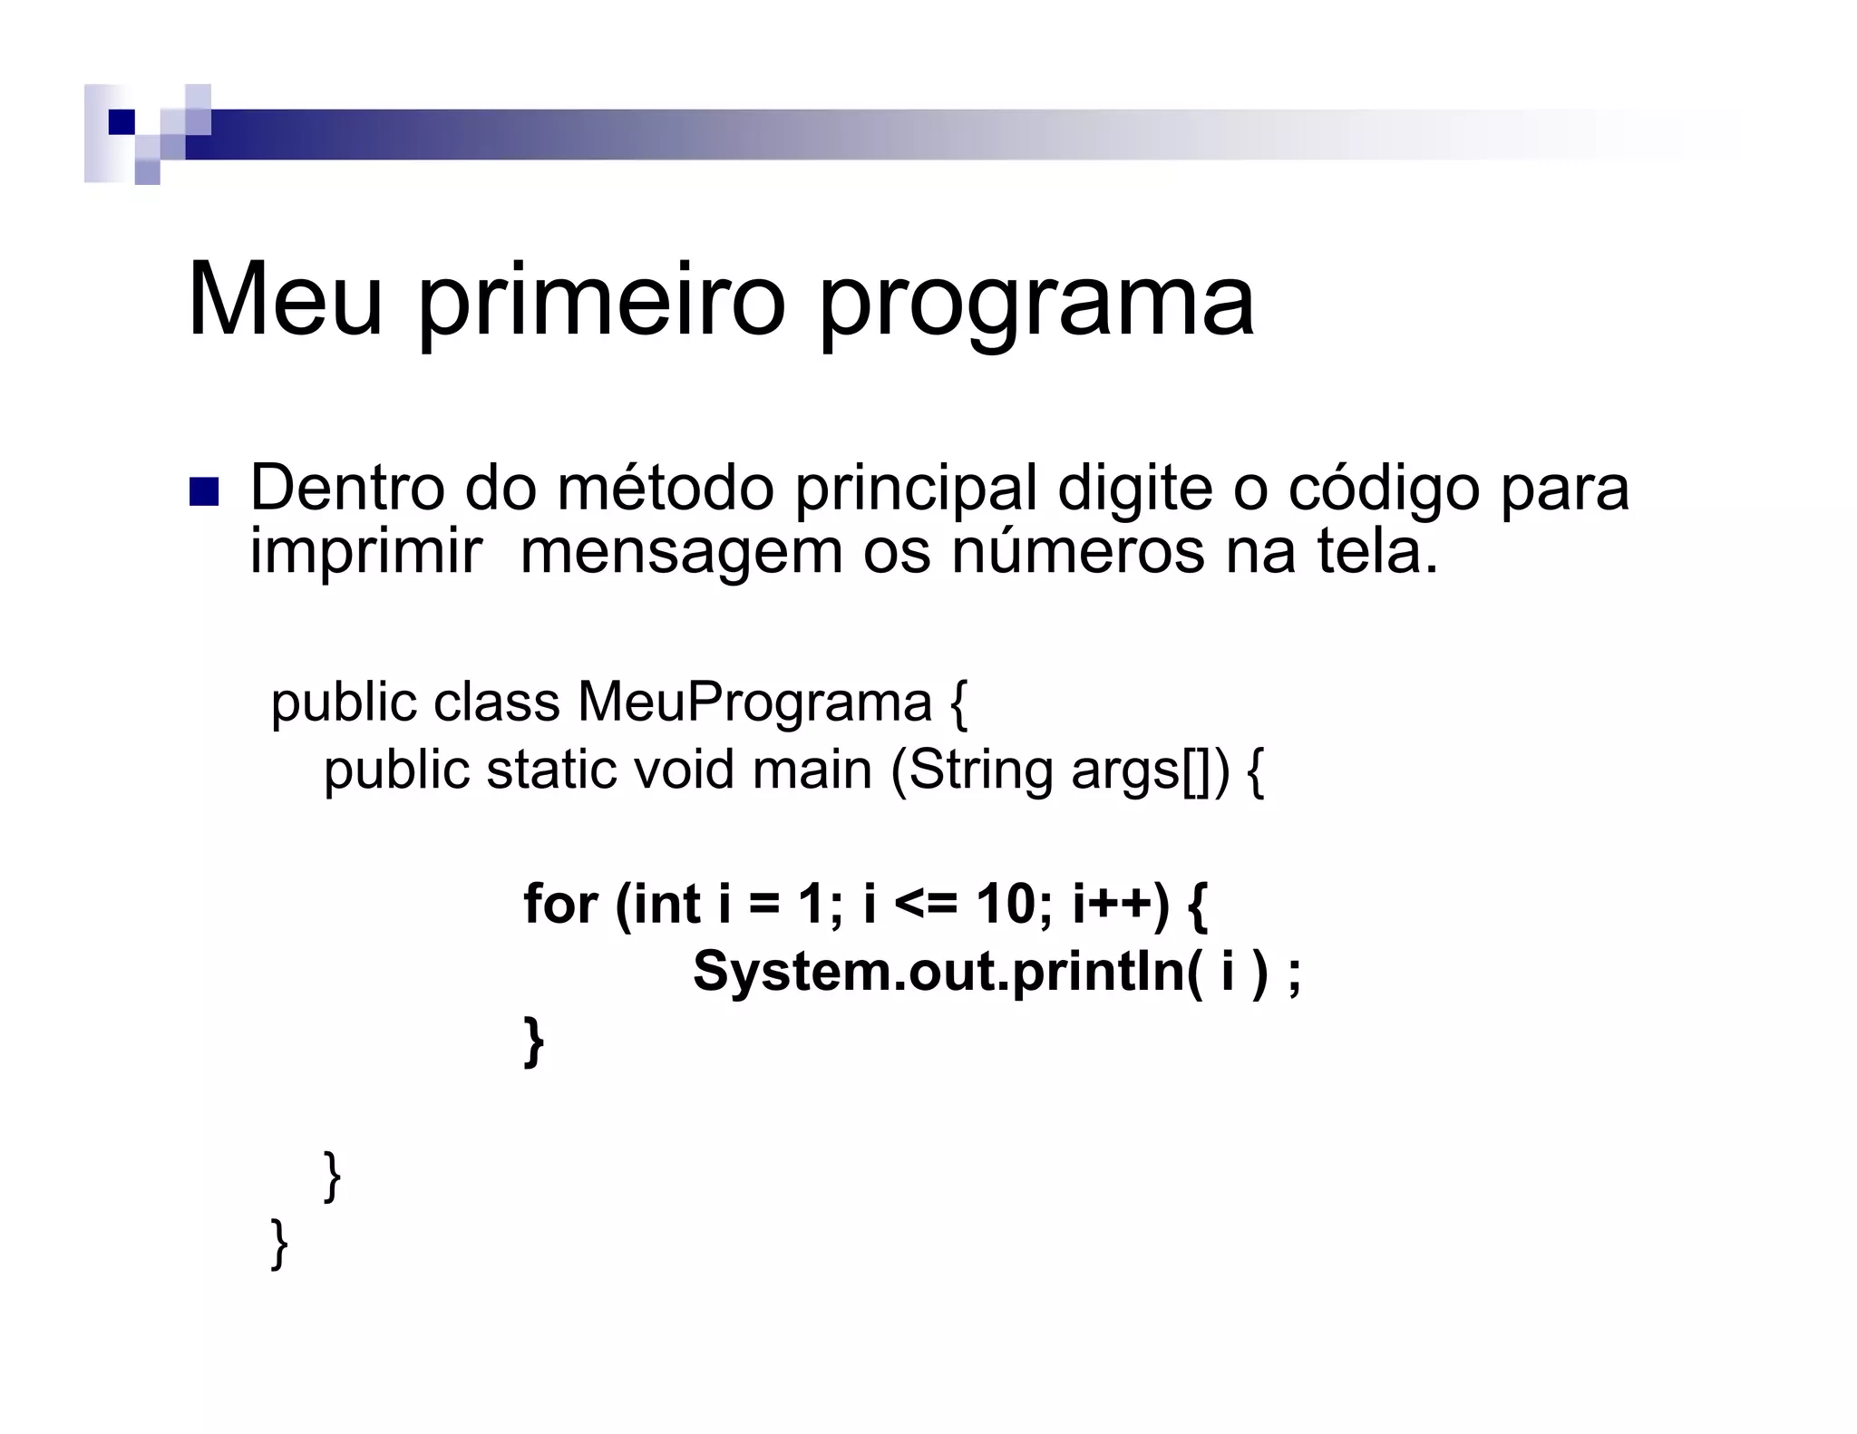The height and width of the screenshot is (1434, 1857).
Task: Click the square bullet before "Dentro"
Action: click(x=204, y=492)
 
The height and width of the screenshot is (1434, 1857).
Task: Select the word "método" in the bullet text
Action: click(x=666, y=488)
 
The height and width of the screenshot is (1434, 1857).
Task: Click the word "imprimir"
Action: click(x=365, y=551)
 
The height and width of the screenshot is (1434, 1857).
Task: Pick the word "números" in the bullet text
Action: click(x=1078, y=551)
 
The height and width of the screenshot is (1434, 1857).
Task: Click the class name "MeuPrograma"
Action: click(x=754, y=702)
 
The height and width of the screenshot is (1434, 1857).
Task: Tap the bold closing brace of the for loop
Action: click(x=534, y=1041)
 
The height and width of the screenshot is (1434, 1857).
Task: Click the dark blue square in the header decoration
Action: click(x=122, y=121)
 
